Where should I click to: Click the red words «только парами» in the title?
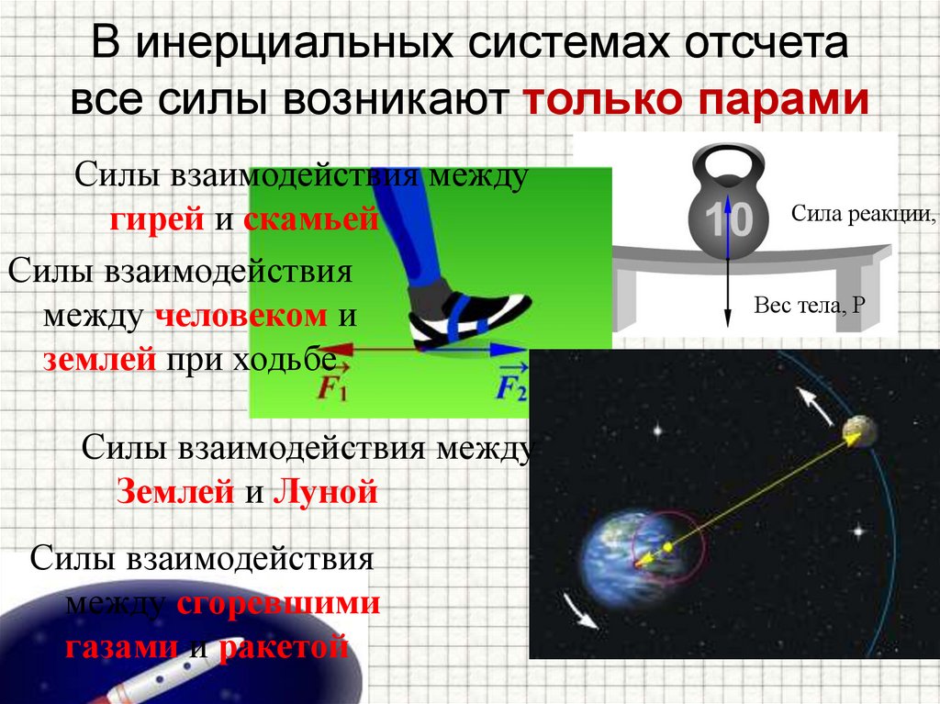pyautogui.click(x=696, y=99)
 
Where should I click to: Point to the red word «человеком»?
pyautogui.click(x=241, y=317)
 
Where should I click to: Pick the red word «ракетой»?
pyautogui.click(x=285, y=647)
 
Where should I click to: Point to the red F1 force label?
pyautogui.click(x=331, y=388)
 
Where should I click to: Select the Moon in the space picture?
pyautogui.click(x=858, y=428)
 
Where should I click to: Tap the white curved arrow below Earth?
pyautogui.click(x=580, y=609)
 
